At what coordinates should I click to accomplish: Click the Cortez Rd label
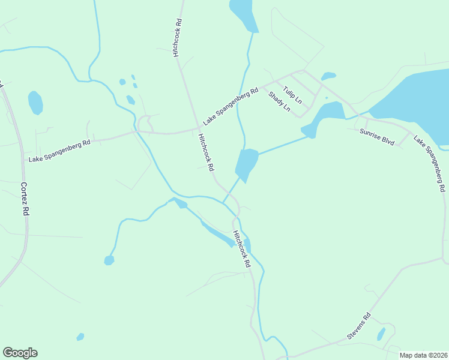click(25, 199)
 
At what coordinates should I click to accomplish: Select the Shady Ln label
click(279, 101)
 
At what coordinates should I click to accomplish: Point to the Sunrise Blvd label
click(377, 137)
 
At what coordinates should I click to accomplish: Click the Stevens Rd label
click(359, 326)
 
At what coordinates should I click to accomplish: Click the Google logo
click(20, 353)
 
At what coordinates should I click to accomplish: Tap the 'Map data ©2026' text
click(423, 355)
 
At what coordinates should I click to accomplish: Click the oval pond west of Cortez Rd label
click(35, 103)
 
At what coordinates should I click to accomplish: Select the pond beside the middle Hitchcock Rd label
click(246, 163)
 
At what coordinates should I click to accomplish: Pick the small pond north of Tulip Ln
click(328, 76)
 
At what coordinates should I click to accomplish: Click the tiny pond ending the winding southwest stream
click(109, 260)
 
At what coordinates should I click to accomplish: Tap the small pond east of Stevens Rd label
click(381, 334)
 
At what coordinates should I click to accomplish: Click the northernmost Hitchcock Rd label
click(178, 38)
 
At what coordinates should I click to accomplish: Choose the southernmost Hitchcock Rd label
click(241, 248)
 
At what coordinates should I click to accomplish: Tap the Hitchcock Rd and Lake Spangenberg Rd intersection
click(198, 128)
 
